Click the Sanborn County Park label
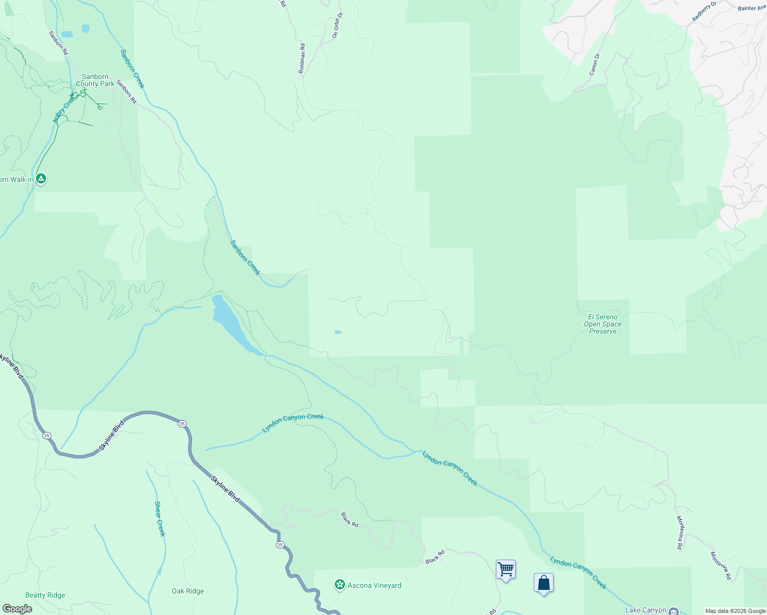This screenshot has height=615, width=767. (x=95, y=80)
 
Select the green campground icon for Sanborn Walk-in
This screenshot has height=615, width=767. (x=42, y=179)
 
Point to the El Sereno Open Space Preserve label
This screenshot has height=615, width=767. (x=603, y=324)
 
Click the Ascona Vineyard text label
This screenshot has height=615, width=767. (x=374, y=585)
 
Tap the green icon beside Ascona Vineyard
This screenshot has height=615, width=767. (x=339, y=585)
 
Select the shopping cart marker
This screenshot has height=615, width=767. (x=506, y=569)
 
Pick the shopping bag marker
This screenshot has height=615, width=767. (x=543, y=583)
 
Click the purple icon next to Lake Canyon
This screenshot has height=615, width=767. (x=674, y=611)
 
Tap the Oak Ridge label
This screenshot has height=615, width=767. (x=188, y=591)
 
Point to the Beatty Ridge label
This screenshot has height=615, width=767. (x=45, y=595)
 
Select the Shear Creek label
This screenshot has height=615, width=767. (x=160, y=519)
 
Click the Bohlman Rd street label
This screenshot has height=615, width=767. (x=302, y=58)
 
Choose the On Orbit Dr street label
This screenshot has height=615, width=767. (x=337, y=25)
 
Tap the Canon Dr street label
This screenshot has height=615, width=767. (x=594, y=65)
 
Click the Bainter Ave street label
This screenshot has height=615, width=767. (x=752, y=8)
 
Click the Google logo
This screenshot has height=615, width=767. (x=17, y=609)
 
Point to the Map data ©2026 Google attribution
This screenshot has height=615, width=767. (x=735, y=611)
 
